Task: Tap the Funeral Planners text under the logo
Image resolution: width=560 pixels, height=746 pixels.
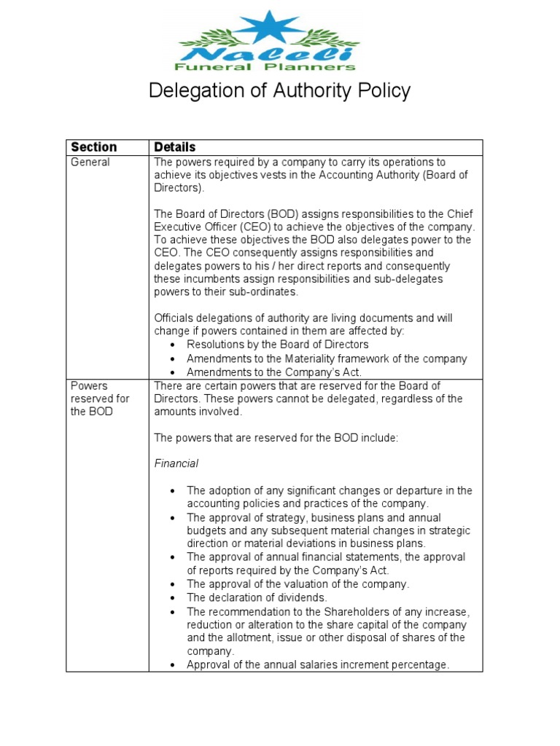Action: coord(268,67)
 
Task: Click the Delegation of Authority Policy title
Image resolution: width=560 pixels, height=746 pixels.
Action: coord(279,91)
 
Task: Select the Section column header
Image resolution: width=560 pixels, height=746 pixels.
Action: coord(93,147)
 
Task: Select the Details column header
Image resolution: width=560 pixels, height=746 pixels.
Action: coord(175,147)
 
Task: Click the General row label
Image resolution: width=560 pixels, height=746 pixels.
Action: coord(90,162)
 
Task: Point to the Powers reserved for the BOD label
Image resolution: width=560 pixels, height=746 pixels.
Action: coord(99,398)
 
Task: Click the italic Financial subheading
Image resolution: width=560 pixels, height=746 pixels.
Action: coord(176,463)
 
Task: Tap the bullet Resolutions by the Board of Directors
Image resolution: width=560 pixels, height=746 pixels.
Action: coord(277,344)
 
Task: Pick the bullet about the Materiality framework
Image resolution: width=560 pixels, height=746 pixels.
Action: coord(326,358)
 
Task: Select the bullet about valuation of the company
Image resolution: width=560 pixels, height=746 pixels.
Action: coord(297,584)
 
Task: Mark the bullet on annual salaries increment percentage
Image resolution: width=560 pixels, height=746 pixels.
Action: coord(318,664)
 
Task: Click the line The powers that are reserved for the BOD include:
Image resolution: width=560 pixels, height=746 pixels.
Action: coord(276,437)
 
